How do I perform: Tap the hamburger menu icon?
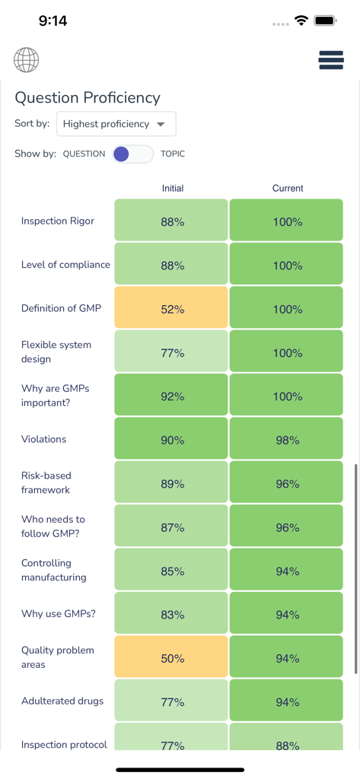[x=331, y=60]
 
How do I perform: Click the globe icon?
[x=26, y=60]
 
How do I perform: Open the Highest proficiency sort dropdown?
[x=116, y=124]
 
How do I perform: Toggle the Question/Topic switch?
[x=132, y=154]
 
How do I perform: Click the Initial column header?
[x=173, y=188]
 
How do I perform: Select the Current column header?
[x=287, y=188]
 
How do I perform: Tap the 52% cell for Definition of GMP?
[x=172, y=309]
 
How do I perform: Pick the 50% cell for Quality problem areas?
[x=172, y=658]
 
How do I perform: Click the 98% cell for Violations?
[x=287, y=440]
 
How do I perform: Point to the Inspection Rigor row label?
[x=58, y=221]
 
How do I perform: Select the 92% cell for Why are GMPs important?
[x=172, y=396]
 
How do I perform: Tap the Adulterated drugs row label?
[x=62, y=701]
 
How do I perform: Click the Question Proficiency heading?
[x=88, y=97]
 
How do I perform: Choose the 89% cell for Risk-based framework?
[x=172, y=484]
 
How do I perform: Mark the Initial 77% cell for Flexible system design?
[x=172, y=352]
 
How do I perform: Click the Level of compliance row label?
[x=65, y=265]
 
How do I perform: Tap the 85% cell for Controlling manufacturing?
[x=172, y=571]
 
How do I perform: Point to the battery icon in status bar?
[x=325, y=21]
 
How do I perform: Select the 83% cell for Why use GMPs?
[x=172, y=615]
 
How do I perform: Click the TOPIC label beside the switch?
[x=173, y=154]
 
